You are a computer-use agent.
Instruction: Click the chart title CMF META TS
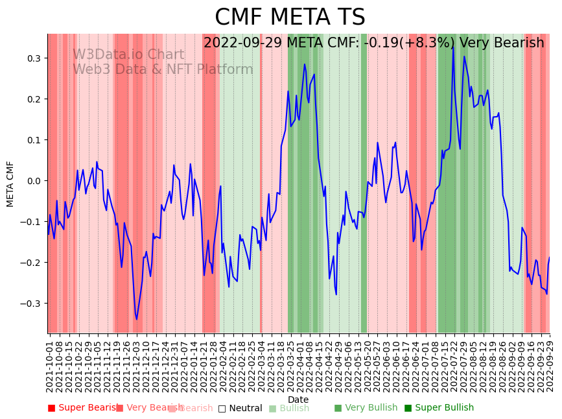(290, 18)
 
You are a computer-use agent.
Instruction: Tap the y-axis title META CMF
(10, 184)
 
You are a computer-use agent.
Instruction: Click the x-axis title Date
(298, 400)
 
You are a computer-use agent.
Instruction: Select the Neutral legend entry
(240, 408)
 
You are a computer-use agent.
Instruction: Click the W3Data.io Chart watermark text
(128, 55)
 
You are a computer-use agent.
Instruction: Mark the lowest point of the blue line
(136, 319)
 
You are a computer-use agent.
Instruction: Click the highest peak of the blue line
(453, 47)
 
